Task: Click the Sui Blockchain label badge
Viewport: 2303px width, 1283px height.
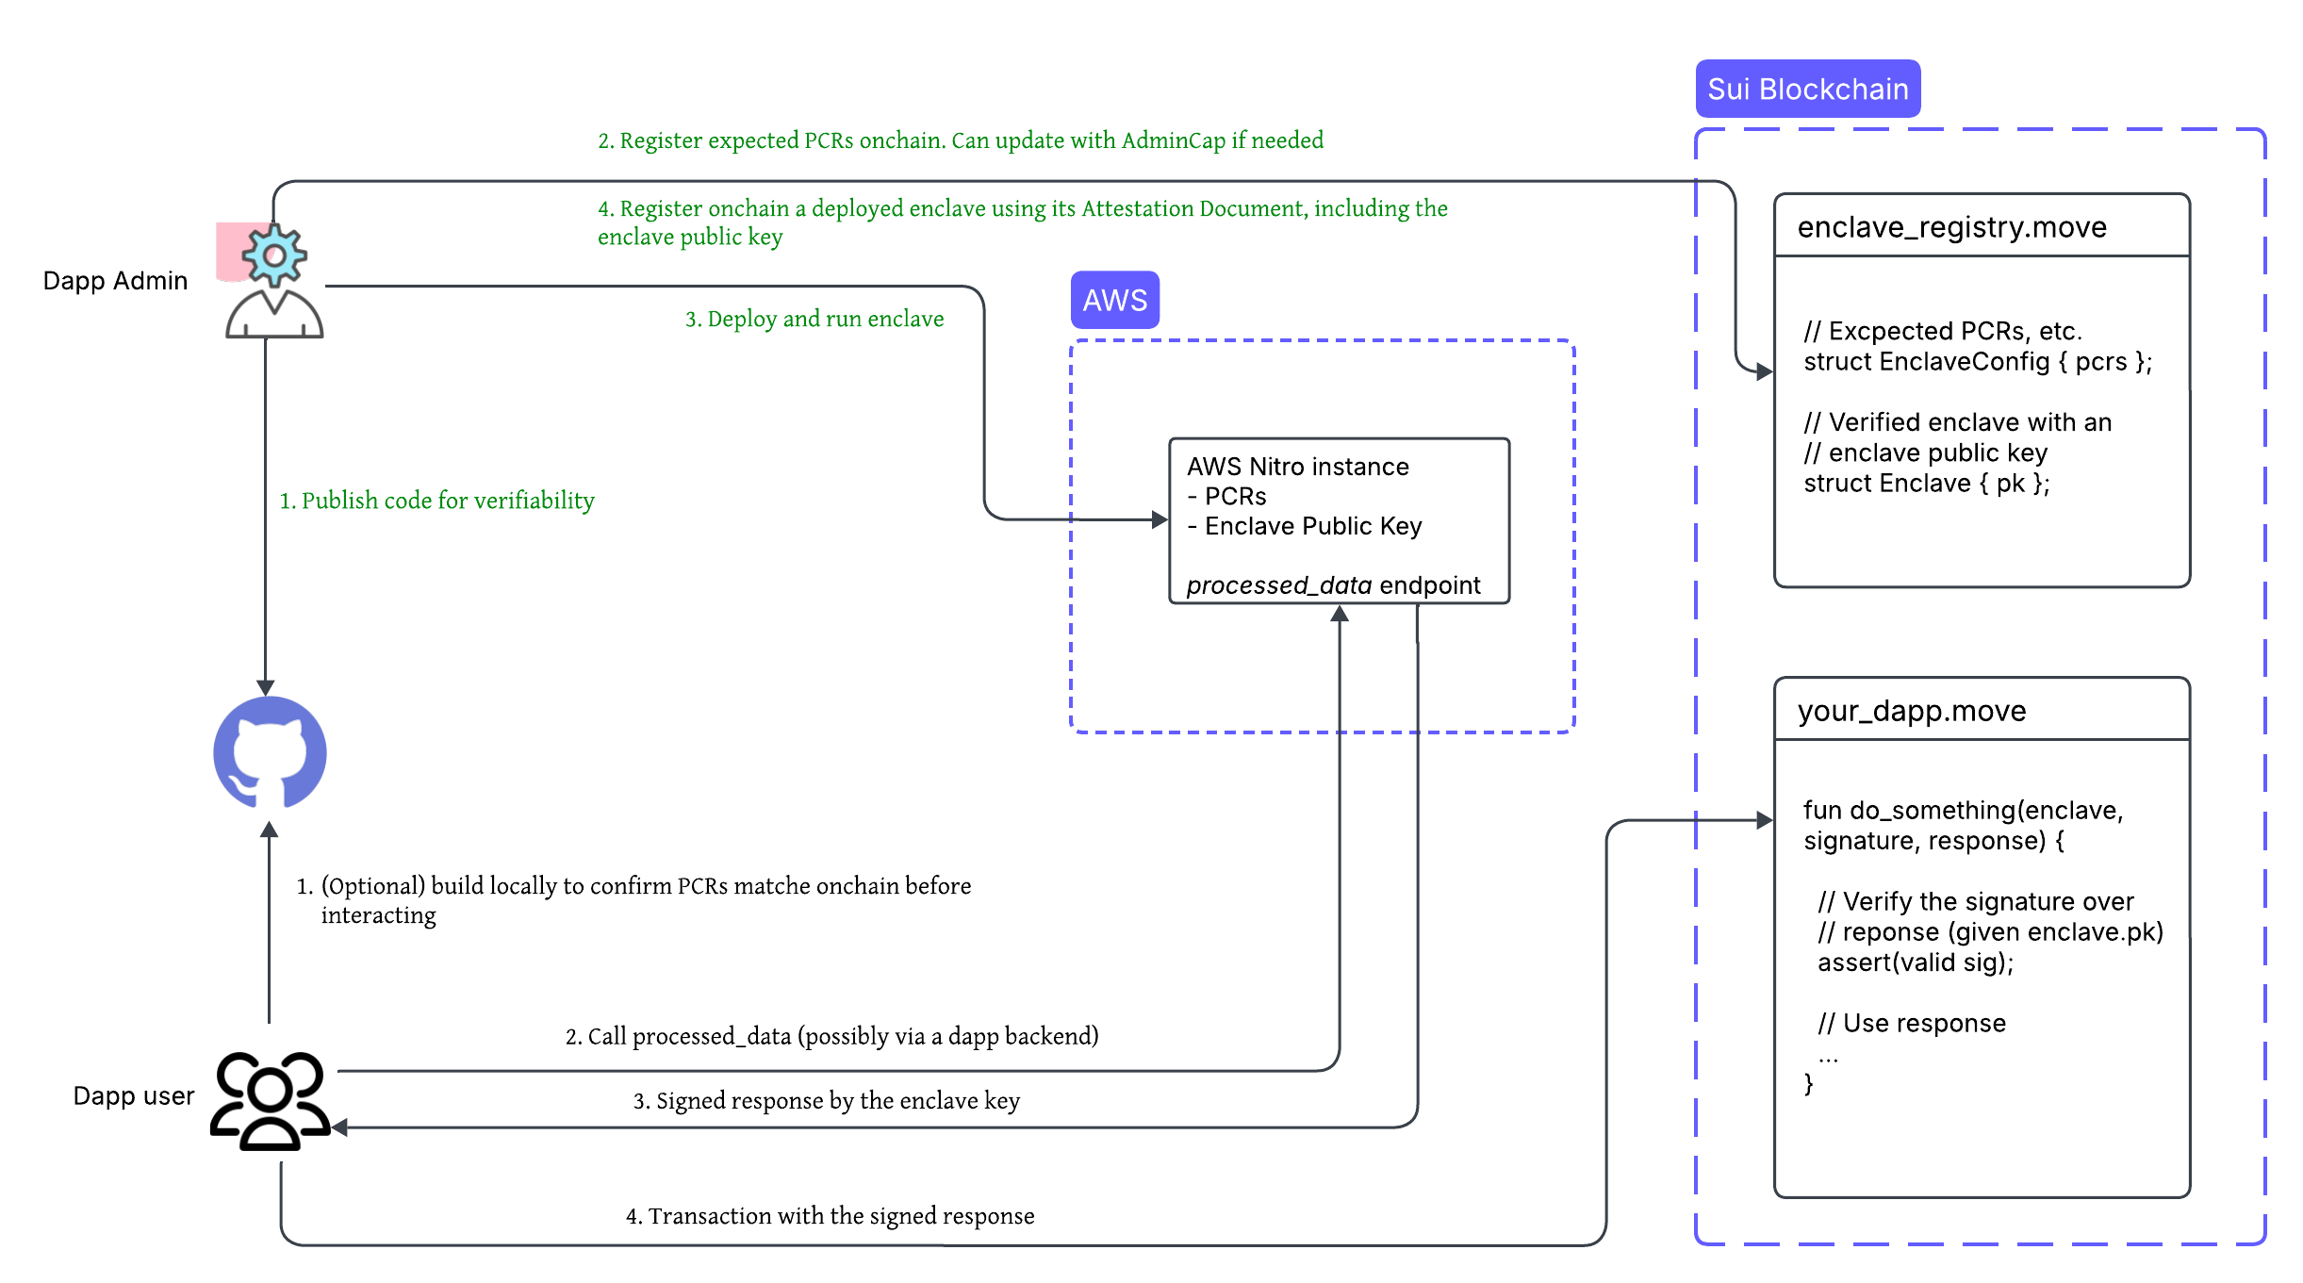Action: coord(1807,89)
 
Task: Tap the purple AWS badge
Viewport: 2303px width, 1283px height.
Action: coord(1114,300)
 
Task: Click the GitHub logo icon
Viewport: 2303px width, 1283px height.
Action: coord(270,753)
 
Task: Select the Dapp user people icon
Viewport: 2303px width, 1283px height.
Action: coord(270,1100)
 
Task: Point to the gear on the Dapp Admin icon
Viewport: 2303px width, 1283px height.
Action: coord(274,255)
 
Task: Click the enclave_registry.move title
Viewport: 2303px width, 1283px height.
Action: coord(1951,227)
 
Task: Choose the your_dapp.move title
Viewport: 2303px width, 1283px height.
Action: coord(1911,711)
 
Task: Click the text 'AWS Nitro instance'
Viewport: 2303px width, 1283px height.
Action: coord(1297,467)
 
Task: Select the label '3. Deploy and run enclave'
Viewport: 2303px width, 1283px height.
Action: coord(814,319)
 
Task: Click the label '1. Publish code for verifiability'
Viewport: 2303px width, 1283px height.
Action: coord(436,501)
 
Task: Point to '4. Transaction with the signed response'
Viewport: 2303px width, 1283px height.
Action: coord(830,1216)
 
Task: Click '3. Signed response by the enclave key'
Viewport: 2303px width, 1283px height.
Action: coord(826,1101)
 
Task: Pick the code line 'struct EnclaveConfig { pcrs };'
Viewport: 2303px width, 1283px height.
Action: coord(1977,362)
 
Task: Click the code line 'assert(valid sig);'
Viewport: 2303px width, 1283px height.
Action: coord(1915,962)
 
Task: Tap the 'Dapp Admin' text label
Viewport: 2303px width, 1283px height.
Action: coord(115,281)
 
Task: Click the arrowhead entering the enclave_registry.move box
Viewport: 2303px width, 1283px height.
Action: coord(1765,371)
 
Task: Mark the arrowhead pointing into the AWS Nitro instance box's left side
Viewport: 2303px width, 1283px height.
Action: coord(1160,519)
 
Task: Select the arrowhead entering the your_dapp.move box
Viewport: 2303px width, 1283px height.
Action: coord(1765,820)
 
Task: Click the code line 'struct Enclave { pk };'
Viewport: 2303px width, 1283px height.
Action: coord(1926,484)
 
